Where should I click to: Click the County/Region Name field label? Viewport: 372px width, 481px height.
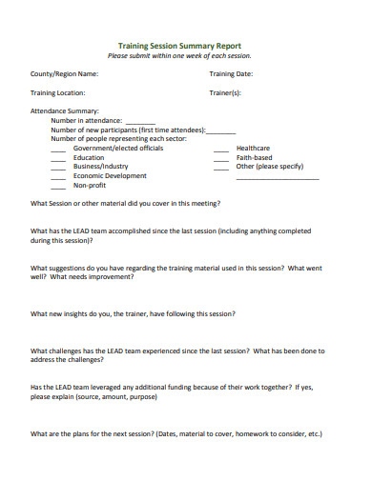pos(64,73)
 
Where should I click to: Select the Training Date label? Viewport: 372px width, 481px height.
pos(231,73)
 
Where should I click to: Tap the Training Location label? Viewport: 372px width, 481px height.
pos(58,93)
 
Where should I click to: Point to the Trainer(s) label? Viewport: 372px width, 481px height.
pos(225,93)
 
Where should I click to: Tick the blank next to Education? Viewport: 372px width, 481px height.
pos(58,159)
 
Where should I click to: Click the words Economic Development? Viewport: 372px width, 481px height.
pos(110,176)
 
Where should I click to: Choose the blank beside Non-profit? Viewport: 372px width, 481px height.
pos(58,187)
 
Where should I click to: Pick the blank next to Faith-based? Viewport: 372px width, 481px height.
pos(220,159)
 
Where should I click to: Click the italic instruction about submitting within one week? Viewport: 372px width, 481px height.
pos(179,55)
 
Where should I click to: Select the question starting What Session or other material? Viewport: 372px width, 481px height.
pos(126,204)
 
